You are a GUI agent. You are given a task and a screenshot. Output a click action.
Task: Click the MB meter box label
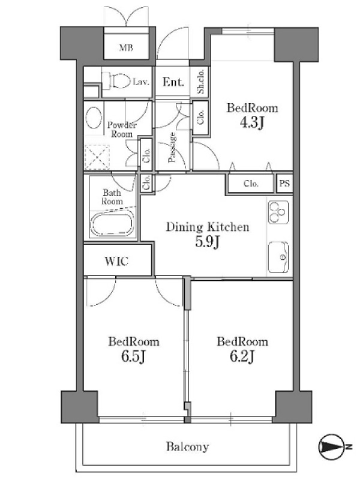126,48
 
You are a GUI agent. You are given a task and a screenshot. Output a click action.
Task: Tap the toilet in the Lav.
116,81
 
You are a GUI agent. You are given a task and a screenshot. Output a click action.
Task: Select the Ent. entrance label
173,82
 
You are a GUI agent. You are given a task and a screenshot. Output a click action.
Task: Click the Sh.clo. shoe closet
200,81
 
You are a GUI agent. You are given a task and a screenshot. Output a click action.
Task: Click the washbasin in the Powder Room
94,117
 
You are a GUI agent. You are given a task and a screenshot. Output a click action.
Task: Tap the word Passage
172,147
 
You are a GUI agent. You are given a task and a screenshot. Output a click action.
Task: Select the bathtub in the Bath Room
112,224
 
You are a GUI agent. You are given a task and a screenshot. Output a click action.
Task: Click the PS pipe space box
284,184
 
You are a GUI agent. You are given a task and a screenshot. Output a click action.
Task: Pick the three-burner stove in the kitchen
278,212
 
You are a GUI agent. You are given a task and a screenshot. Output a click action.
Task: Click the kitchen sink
278,257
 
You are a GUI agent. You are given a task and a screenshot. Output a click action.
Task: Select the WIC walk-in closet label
116,261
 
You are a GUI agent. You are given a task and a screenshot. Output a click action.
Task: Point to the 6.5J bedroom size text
133,356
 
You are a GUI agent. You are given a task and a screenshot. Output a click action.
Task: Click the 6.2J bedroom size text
242,356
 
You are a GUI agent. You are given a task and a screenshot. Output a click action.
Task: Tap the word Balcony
187,446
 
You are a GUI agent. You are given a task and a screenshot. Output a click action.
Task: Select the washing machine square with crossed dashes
97,157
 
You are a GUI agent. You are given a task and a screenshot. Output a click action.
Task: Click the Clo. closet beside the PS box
251,184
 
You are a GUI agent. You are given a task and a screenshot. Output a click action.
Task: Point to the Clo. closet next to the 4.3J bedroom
200,117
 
